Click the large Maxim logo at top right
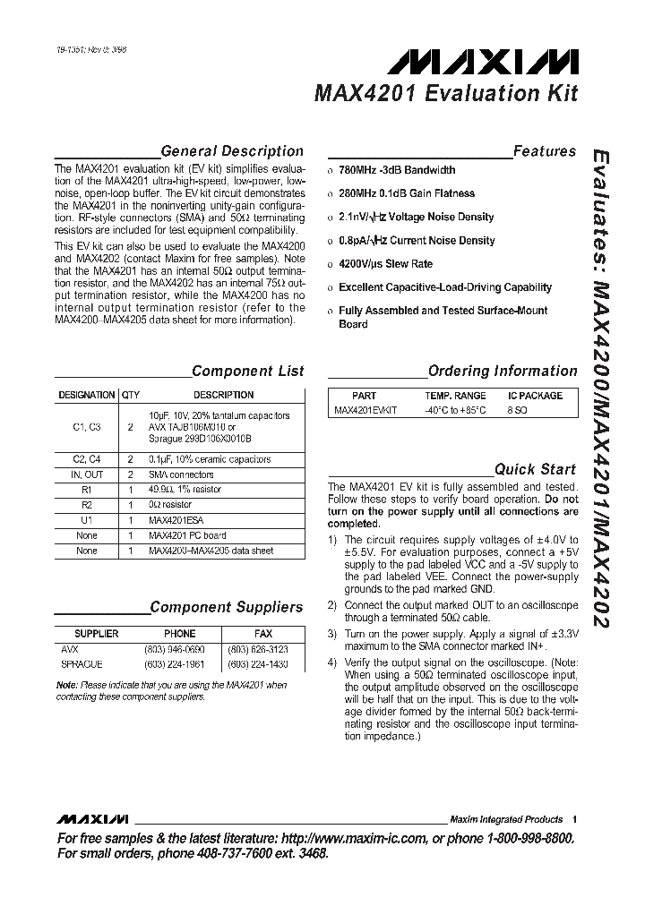coord(488,62)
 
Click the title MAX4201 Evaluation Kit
coord(445,94)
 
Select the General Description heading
coord(231,151)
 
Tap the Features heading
coord(544,151)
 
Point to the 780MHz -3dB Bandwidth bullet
coord(396,170)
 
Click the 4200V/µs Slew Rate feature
coord(385,264)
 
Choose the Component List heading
coord(247,371)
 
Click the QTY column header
coord(131,395)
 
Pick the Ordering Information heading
coord(502,371)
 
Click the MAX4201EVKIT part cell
coord(365,411)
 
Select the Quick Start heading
coord(536,469)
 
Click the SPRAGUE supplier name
coord(82,664)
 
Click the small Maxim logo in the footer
coord(92,819)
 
